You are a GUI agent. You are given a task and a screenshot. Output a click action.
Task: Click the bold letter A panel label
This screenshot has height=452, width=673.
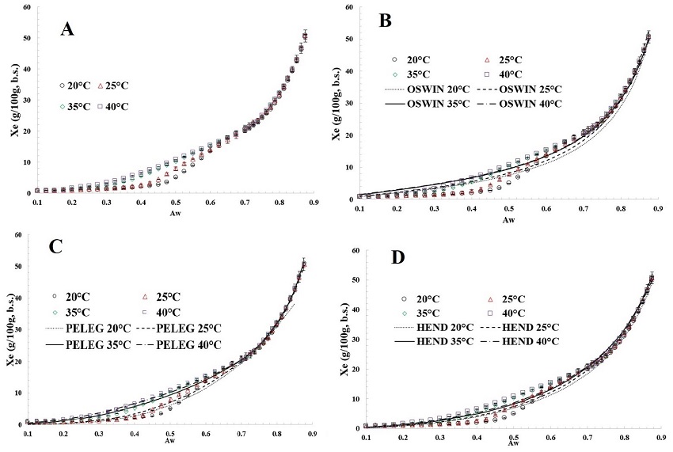tap(68, 30)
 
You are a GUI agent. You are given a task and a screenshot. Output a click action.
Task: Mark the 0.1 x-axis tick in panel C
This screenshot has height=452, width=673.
tap(29, 434)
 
